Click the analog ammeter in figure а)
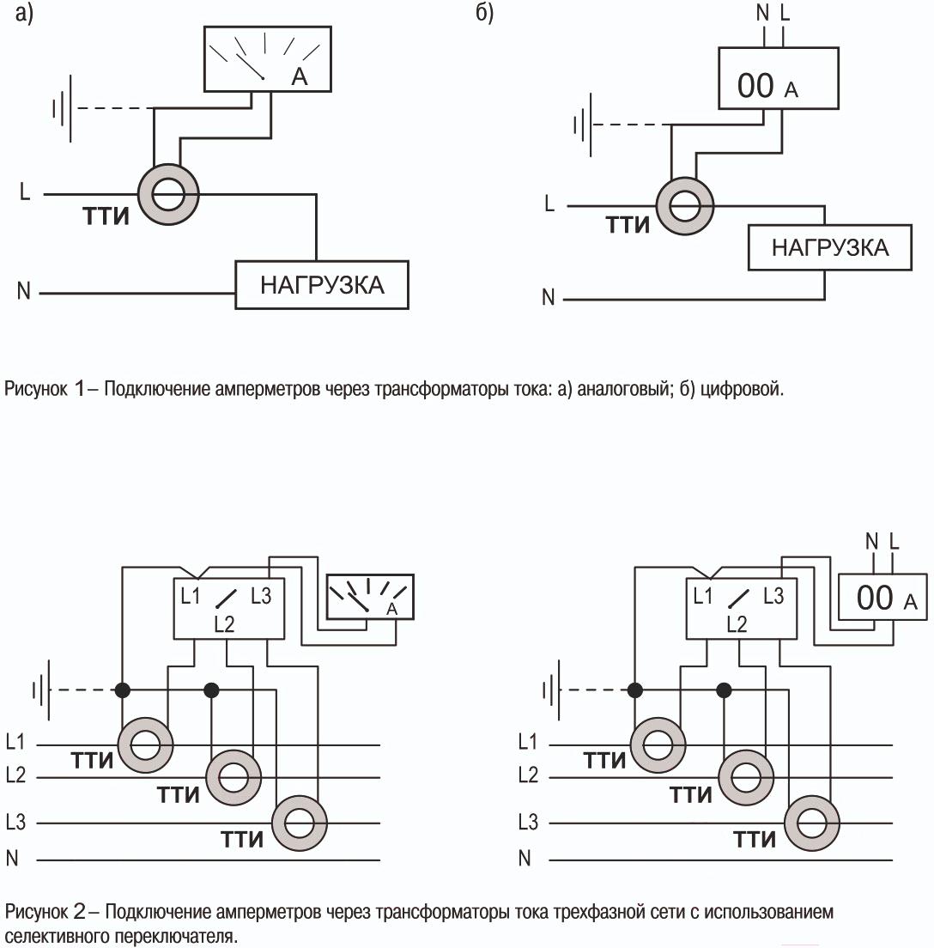click(266, 58)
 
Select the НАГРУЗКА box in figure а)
click(322, 285)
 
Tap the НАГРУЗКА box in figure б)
click(829, 248)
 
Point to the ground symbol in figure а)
click(62, 109)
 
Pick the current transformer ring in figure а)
click(168, 195)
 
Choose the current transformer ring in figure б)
click(684, 207)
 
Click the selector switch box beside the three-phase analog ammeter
click(228, 608)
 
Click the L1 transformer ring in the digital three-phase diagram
click(658, 744)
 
